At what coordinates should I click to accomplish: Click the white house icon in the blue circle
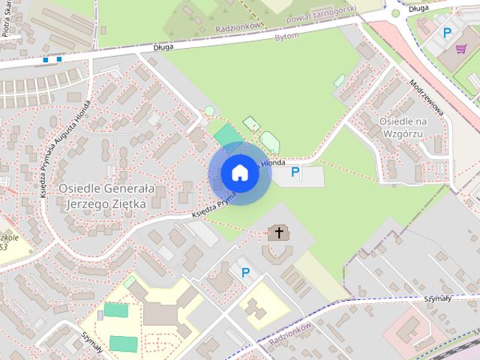[x=239, y=172]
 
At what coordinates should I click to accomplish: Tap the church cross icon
[x=279, y=232]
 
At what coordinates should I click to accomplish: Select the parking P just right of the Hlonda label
[x=295, y=174]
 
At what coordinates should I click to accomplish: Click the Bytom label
[x=286, y=36]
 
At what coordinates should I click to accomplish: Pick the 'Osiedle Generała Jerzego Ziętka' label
[x=106, y=196]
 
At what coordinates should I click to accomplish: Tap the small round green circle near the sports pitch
[x=208, y=112]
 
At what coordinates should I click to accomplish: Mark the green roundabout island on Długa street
[x=395, y=13]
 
